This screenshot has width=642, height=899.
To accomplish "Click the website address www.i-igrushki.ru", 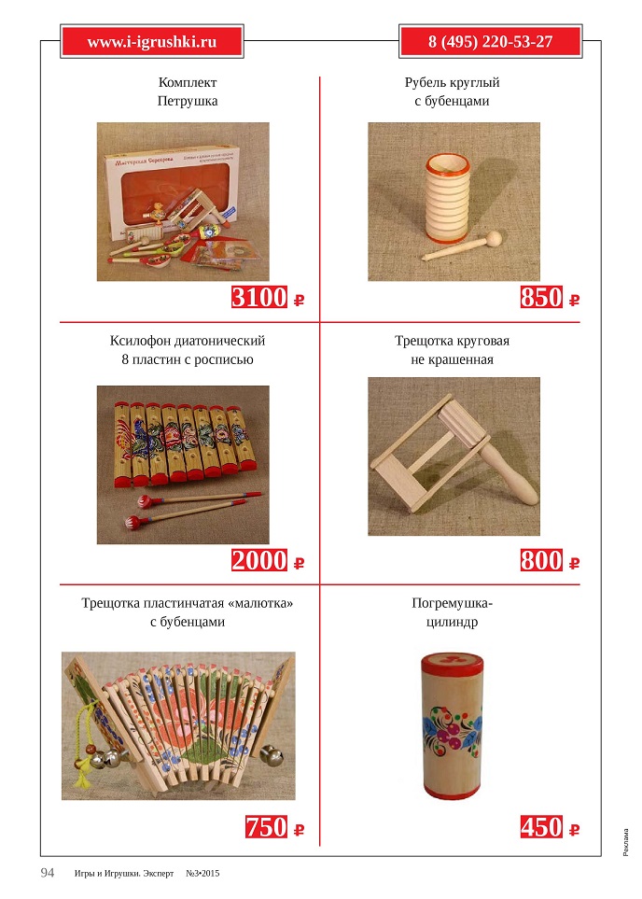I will coord(151,42).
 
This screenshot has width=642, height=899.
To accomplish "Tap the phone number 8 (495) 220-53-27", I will coord(490,42).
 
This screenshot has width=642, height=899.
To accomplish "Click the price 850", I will coord(541,298).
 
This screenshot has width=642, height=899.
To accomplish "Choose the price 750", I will coord(266,827).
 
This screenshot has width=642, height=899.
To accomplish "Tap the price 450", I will coord(541,827).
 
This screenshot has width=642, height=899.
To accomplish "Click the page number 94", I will coord(48,873).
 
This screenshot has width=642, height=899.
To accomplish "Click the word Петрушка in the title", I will coord(187,101).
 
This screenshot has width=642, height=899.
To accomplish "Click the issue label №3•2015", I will coord(202,874).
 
